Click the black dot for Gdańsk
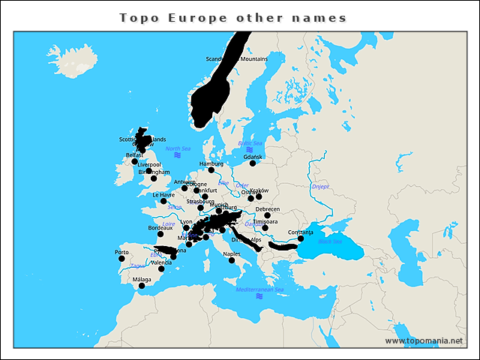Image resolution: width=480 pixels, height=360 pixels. point(253,163)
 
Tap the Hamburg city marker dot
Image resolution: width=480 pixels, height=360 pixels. point(211,169)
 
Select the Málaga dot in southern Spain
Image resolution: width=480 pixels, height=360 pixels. point(142,286)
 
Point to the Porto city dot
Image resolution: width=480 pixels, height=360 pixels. point(121,259)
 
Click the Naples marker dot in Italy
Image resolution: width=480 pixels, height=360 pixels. point(232,260)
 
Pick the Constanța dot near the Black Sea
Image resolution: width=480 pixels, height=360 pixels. point(301,238)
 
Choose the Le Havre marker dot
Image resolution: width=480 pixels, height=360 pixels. point(163,201)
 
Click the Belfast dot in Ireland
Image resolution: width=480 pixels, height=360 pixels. point(134,161)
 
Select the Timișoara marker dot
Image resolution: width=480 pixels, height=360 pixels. point(265,227)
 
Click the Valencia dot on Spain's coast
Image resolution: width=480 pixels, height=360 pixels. point(160,268)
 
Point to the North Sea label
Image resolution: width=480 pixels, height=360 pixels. point(178,148)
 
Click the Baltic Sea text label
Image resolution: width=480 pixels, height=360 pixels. point(250,143)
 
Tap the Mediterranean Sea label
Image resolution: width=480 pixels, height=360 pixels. point(259,289)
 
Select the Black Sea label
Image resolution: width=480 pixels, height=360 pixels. point(330,241)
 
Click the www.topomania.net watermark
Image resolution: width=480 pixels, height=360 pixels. point(424,340)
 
